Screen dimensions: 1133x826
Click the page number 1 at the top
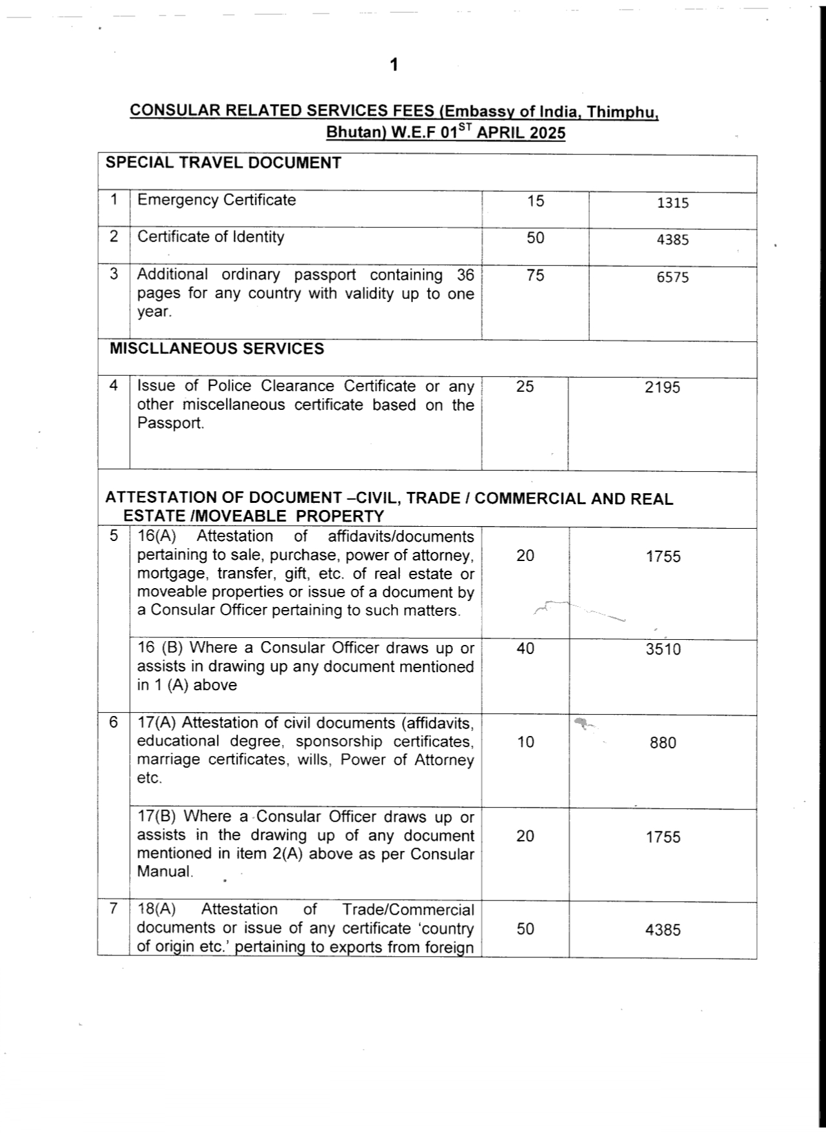[394, 65]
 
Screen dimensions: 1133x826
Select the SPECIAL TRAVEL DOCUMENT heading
[223, 163]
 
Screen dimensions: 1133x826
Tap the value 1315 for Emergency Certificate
[673, 203]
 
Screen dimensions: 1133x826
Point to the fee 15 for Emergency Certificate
[535, 201]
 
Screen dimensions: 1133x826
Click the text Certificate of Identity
[210, 237]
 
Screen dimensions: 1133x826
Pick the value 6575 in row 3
[673, 277]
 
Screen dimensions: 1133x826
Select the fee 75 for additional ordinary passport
[535, 276]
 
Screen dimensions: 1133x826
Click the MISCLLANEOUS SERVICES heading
[217, 349]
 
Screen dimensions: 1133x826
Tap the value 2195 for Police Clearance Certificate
[662, 387]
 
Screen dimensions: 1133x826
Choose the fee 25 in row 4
[525, 387]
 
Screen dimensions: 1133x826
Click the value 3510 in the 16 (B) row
[663, 649]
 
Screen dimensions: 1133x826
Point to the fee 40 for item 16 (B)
[525, 649]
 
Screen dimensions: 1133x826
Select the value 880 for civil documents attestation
[663, 743]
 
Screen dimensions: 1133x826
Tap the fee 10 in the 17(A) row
[525, 742]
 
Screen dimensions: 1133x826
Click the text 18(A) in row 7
[156, 910]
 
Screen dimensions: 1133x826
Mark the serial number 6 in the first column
[114, 722]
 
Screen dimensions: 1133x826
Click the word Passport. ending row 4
[170, 424]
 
